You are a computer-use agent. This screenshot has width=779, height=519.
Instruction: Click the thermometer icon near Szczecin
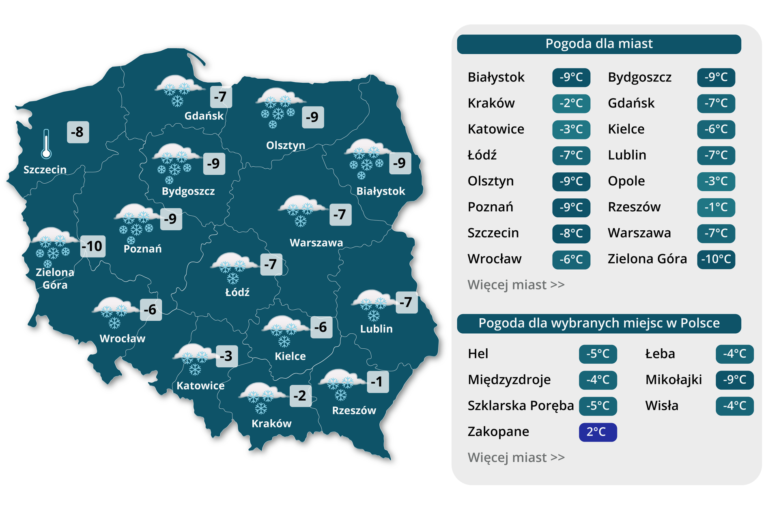[46, 144]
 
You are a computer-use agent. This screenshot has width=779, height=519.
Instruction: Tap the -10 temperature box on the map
[93, 246]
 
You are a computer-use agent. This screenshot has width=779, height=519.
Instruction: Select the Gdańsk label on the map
[204, 116]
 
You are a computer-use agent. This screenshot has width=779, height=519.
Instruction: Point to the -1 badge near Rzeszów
[378, 382]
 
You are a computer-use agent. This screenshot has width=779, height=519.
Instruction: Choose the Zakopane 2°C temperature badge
[598, 432]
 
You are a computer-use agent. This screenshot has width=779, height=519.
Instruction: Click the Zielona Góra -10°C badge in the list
[716, 259]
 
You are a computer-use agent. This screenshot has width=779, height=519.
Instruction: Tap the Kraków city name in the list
[491, 103]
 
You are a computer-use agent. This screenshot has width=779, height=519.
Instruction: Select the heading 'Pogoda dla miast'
[599, 44]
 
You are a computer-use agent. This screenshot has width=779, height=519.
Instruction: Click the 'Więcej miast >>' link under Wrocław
[516, 285]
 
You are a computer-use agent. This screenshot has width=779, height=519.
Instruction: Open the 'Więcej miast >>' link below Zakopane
[516, 457]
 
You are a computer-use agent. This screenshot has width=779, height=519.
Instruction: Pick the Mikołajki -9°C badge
[734, 380]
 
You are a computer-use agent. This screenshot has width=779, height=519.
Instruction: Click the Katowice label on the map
[200, 386]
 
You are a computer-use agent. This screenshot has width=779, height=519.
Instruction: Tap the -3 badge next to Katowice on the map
[227, 356]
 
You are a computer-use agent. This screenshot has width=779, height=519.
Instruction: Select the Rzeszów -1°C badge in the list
[716, 207]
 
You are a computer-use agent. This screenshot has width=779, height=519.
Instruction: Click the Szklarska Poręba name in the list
[521, 405]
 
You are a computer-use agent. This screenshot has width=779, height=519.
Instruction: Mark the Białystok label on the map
[381, 191]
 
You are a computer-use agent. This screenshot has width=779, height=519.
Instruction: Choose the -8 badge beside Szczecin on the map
[77, 132]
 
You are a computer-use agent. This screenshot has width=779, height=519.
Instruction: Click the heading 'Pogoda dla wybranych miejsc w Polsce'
[599, 323]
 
